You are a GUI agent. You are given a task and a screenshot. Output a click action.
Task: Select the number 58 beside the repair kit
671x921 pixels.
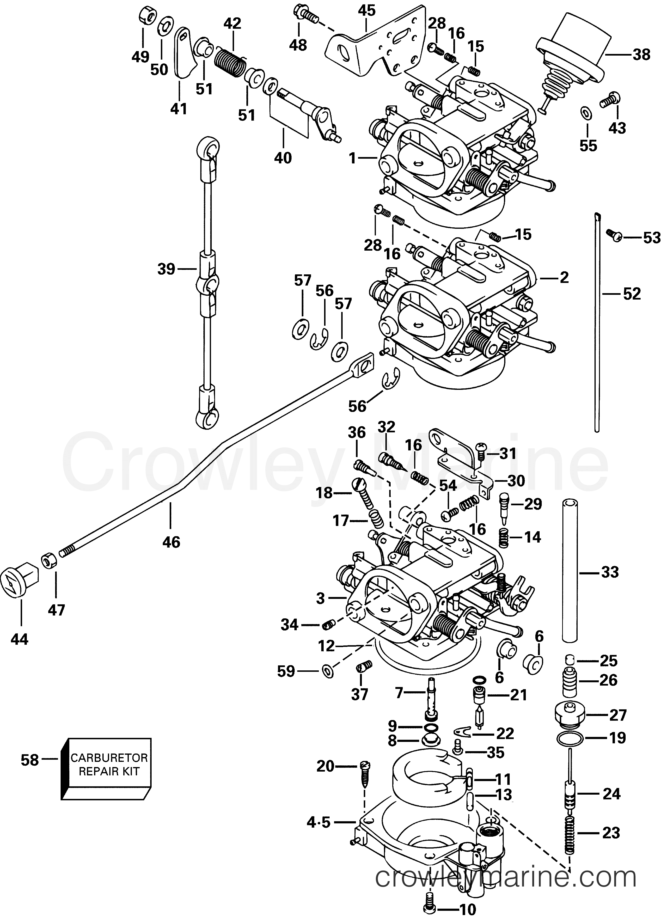[x=30, y=760]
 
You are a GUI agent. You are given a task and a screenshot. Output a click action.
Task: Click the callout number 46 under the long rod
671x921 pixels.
[x=171, y=542]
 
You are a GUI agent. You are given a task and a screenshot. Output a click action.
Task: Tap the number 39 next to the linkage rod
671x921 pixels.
[x=166, y=269]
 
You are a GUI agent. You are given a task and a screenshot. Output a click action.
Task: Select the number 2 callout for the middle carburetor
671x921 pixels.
[x=564, y=278]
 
